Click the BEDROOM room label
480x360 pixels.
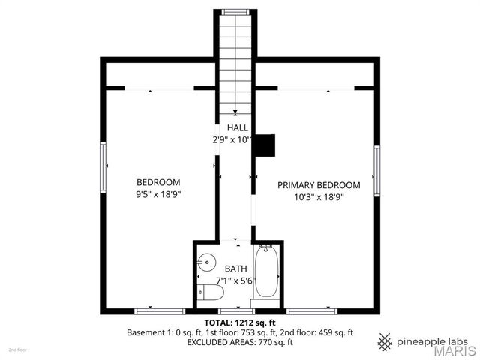tap(158, 182)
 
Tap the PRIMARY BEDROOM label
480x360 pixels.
tap(319, 185)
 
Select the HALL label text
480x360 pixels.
tap(238, 128)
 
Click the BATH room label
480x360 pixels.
tap(235, 268)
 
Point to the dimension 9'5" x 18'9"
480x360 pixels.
tap(158, 194)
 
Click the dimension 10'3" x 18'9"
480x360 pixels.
tap(319, 197)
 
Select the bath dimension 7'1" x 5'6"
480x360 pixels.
tap(235, 280)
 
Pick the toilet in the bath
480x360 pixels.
tap(202, 292)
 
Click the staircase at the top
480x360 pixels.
tap(237, 60)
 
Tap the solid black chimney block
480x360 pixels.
tap(265, 145)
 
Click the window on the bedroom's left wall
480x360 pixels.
tap(104, 168)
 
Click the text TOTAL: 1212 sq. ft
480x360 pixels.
tap(240, 322)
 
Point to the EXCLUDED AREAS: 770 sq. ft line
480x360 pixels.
tap(240, 342)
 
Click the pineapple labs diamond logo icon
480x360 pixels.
tap(385, 341)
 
